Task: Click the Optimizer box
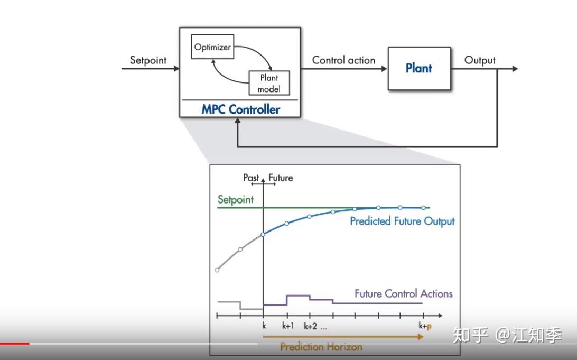[212, 47]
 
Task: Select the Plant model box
[269, 83]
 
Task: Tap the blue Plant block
[419, 69]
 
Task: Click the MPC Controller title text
[240, 109]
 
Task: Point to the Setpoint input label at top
[148, 60]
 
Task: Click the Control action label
[343, 60]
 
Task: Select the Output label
[479, 60]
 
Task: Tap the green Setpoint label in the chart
[236, 199]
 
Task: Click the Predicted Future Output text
[402, 221]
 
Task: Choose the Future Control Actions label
[403, 293]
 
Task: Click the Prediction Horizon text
[321, 347]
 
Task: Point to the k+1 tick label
[288, 326]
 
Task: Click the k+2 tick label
[310, 326]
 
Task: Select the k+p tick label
[425, 326]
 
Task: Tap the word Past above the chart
[251, 178]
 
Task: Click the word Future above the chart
[281, 178]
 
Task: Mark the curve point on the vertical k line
[263, 235]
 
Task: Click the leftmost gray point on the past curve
[217, 270]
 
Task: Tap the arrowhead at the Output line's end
[515, 69]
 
